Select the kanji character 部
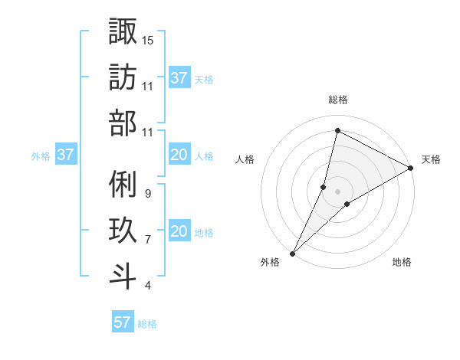(123, 123)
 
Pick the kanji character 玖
(123, 231)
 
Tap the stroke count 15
(148, 40)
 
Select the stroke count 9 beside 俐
(147, 194)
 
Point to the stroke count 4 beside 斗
(147, 286)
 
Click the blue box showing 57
(122, 322)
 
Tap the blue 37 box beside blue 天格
(179, 77)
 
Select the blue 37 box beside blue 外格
(65, 155)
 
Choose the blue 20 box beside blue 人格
(179, 155)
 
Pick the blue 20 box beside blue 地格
(179, 231)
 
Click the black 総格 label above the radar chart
(337, 100)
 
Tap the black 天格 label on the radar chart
(431, 159)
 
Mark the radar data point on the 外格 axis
(292, 253)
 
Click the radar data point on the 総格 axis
(337, 129)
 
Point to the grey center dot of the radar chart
(337, 191)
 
